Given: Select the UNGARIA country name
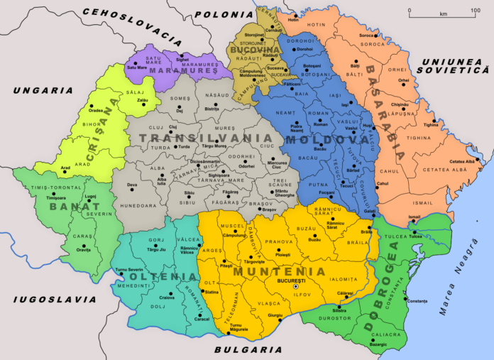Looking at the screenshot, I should click(43, 90).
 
